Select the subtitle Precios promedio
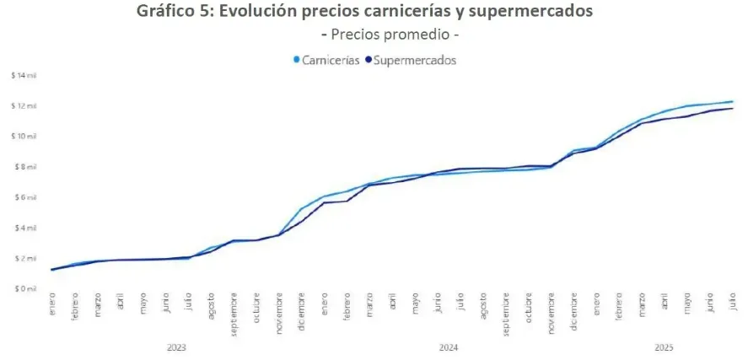coord(390,35)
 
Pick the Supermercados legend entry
coord(414,60)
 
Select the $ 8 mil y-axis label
coord(24,167)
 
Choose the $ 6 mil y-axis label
coord(24,197)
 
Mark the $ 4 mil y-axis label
coord(24,228)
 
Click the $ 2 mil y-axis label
coord(24,258)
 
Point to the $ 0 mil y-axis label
coord(24,288)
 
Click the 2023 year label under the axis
coord(176,347)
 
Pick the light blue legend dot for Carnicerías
coord(296,60)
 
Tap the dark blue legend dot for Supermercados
coord(368,60)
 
